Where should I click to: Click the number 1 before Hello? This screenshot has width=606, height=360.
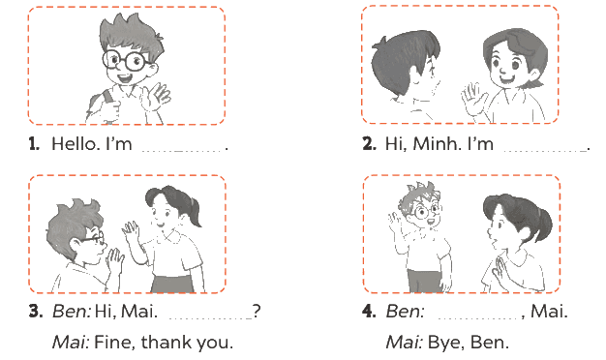click(x=34, y=143)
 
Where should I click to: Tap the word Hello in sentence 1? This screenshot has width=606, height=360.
click(x=74, y=143)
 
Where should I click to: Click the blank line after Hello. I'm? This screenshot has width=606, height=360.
click(x=182, y=151)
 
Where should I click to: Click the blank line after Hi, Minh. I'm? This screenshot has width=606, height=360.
click(x=545, y=151)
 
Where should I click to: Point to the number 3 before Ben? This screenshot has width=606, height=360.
click(x=35, y=311)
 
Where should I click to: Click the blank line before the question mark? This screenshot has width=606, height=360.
click(x=211, y=318)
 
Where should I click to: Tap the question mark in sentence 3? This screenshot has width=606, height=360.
click(x=257, y=311)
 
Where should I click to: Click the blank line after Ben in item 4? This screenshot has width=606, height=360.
click(x=479, y=318)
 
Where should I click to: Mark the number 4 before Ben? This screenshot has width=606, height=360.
click(x=369, y=311)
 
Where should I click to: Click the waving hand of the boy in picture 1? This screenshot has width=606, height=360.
click(x=155, y=97)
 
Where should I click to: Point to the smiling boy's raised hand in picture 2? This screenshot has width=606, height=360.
click(x=474, y=100)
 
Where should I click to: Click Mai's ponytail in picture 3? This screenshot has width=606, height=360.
click(x=196, y=212)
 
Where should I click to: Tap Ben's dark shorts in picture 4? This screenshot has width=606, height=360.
click(x=425, y=280)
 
